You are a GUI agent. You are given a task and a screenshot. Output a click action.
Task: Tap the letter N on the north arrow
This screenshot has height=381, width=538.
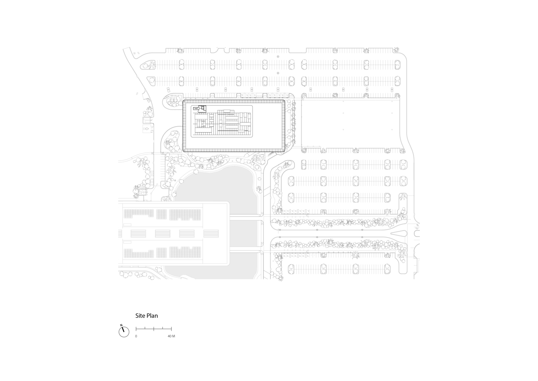coord(121,325)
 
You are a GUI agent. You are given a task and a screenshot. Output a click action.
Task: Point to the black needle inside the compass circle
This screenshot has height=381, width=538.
coord(123,329)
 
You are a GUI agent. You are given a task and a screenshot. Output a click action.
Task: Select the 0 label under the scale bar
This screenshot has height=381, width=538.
coord(136,336)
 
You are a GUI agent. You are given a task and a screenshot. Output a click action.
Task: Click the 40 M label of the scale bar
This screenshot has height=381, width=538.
coord(171,336)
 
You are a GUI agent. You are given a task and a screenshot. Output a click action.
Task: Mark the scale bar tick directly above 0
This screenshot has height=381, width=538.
coord(136,328)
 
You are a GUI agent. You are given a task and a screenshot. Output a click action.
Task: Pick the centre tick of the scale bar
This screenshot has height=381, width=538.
coord(154,328)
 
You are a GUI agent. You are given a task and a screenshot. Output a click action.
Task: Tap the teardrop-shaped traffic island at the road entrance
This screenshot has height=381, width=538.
coord(399,234)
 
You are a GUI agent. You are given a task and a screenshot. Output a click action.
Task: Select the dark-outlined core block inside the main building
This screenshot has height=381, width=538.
coord(200,109)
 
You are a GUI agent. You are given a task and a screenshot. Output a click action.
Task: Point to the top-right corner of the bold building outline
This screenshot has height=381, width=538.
coord(285,100)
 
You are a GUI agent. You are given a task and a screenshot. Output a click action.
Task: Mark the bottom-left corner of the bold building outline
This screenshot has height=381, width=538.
coord(183,151)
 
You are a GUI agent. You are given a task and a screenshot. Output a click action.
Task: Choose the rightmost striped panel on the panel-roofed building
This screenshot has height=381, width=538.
coord(211,234)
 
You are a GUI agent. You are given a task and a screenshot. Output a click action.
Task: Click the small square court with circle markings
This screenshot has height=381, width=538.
coord(147,128)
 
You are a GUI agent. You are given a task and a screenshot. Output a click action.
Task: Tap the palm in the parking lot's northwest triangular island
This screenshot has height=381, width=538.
coord(151,64)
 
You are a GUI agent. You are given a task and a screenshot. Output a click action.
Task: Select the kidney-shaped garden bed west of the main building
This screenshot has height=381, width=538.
coord(172,142)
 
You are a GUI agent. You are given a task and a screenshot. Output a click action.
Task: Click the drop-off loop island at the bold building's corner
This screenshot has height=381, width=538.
coord(173,101)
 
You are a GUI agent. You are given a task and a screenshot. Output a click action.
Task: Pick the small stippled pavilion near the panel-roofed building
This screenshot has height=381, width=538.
coord(143,192)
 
